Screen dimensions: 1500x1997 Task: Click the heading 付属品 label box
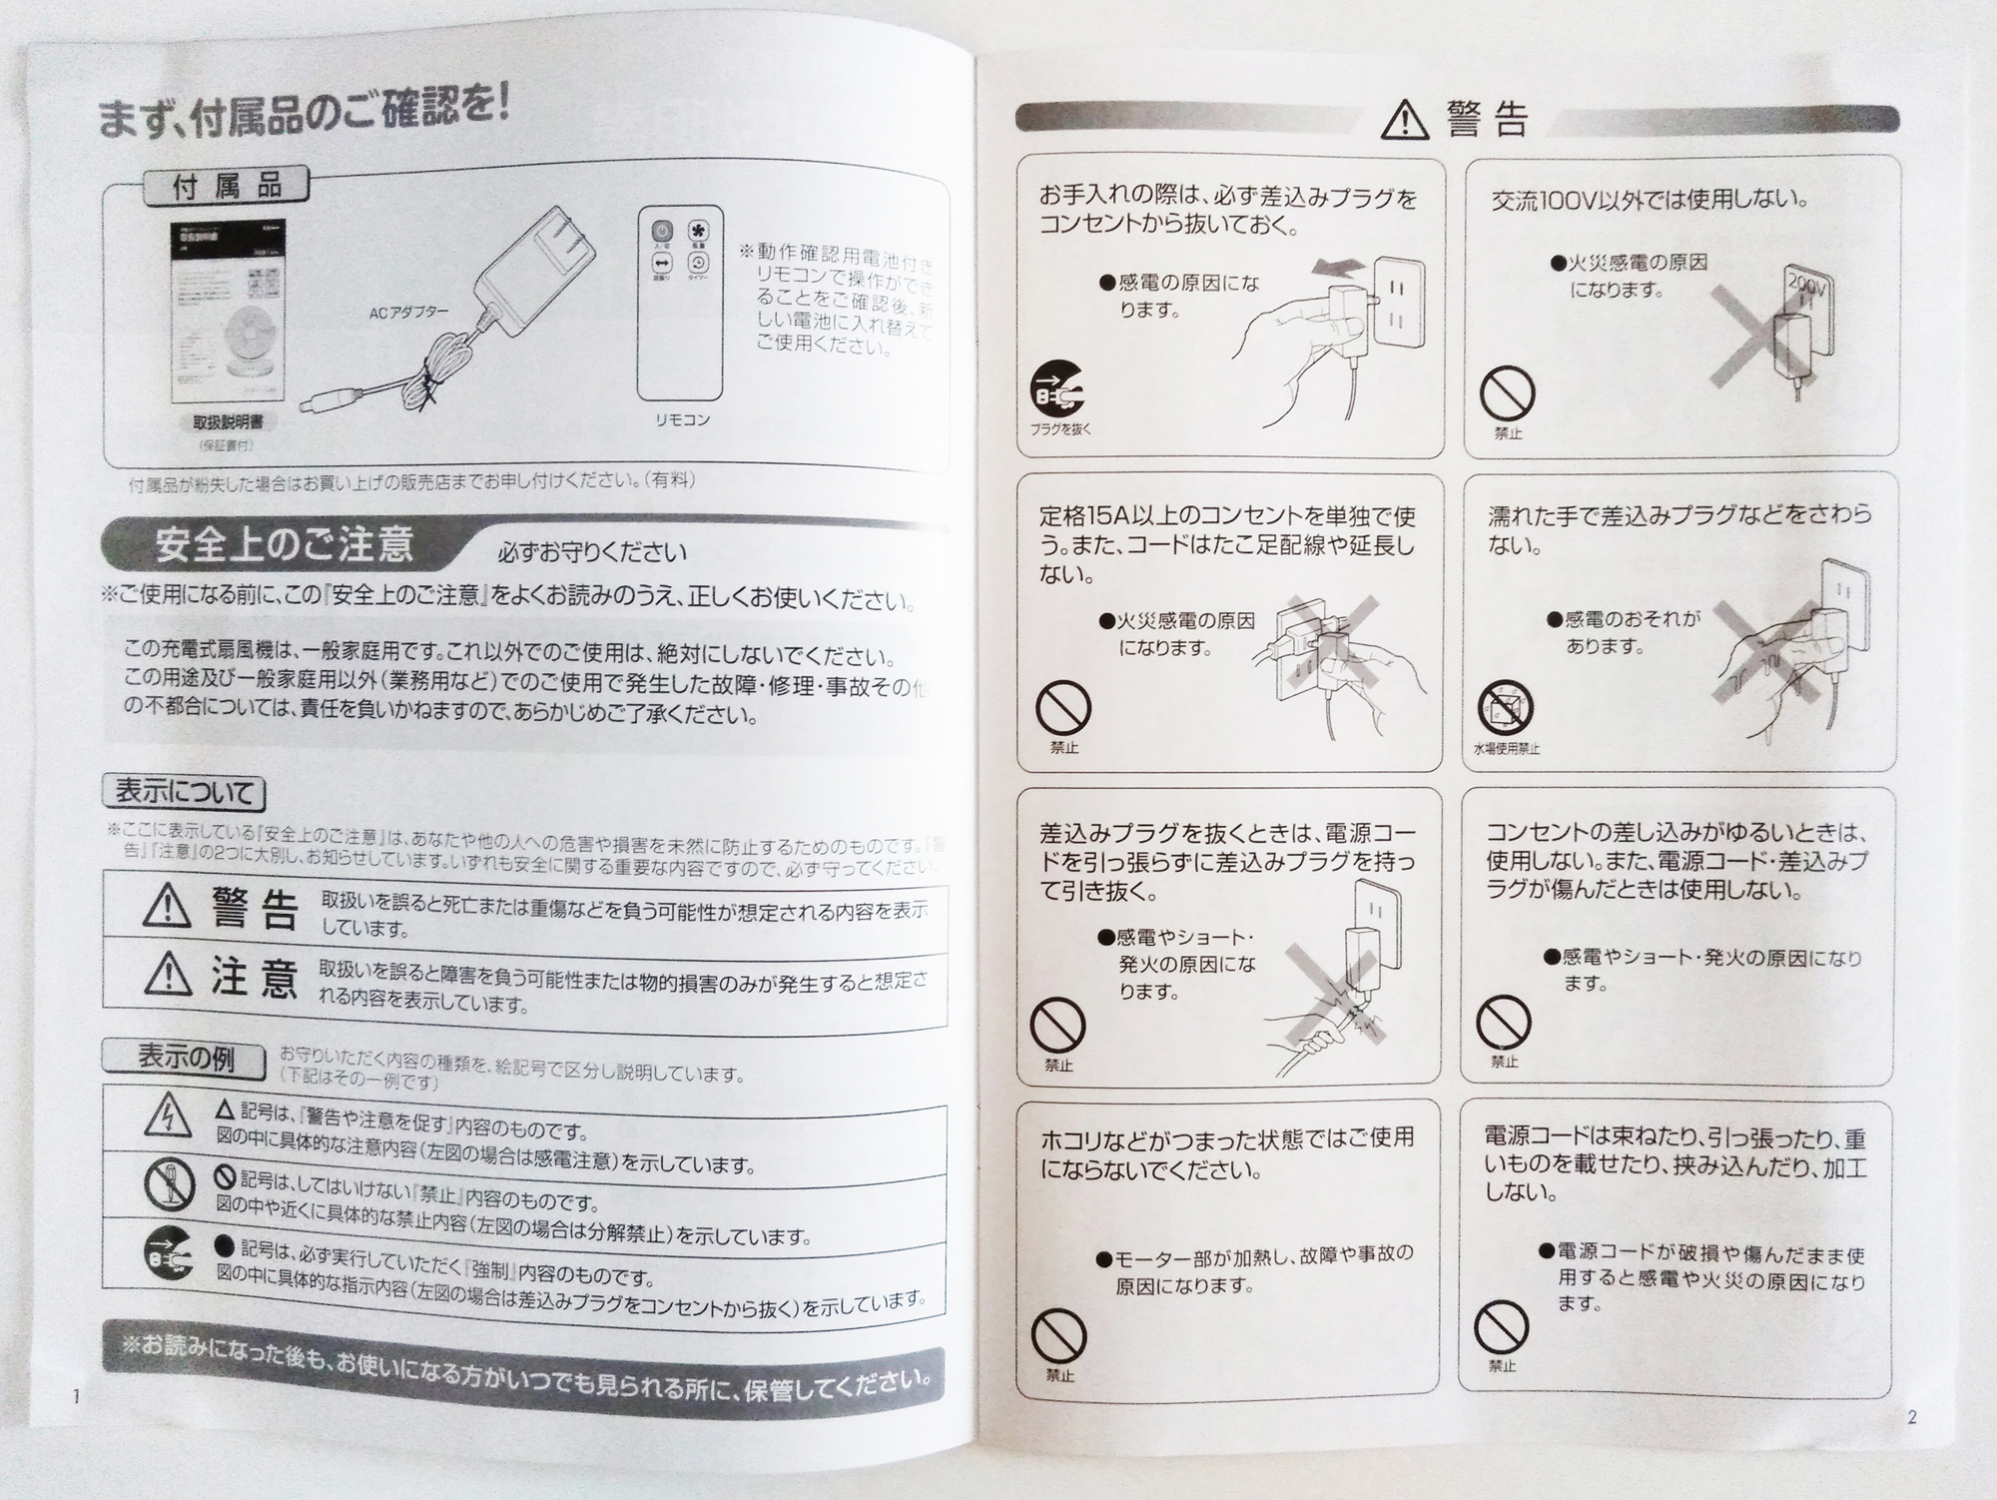tap(227, 187)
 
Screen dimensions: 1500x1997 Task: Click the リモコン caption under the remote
tap(683, 420)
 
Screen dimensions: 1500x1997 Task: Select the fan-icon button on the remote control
tap(699, 232)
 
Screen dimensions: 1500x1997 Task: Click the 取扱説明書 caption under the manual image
tap(221, 422)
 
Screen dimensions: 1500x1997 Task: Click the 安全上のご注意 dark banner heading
tap(285, 545)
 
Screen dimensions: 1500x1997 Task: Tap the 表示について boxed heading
tap(185, 793)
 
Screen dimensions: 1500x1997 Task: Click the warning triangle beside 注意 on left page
tap(167, 974)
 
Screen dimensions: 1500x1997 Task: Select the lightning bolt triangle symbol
tap(169, 1117)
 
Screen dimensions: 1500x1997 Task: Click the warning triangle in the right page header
tap(1405, 122)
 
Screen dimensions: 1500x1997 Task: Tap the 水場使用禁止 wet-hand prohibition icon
tap(1505, 708)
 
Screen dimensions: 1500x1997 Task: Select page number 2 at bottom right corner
tap(1911, 1417)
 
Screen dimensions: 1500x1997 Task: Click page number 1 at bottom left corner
tap(76, 1397)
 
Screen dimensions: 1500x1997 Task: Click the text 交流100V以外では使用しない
tap(1649, 200)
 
